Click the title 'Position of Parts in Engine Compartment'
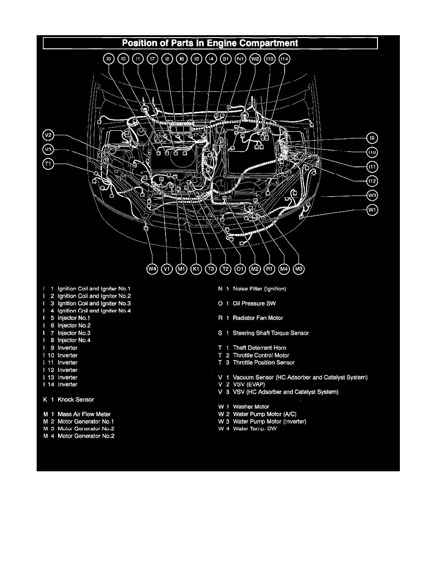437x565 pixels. tap(210, 43)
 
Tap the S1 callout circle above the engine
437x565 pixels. tap(226, 59)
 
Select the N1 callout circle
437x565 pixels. tap(241, 59)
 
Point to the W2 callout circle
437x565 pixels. tap(256, 59)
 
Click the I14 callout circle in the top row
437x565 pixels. tap(285, 59)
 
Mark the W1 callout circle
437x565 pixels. tap(372, 210)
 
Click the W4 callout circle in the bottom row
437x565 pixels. tap(152, 269)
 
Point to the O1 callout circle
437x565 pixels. tap(240, 269)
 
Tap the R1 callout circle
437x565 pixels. tap(269, 269)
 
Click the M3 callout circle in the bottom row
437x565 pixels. tap(299, 269)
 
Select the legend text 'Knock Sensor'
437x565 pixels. tap(76, 400)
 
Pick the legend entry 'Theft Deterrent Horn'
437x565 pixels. tap(259, 348)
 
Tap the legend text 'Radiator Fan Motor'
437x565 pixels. tap(258, 318)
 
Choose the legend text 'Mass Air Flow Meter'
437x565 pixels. tap(84, 414)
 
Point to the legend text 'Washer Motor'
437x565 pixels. tap(251, 407)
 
